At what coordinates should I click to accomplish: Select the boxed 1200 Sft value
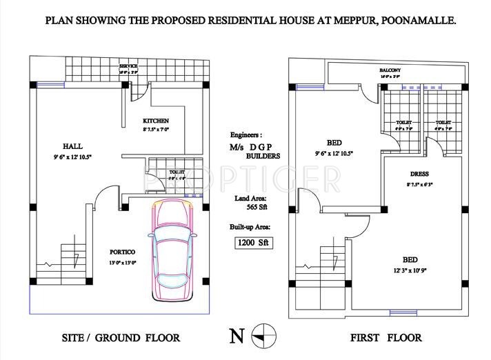tap(252, 242)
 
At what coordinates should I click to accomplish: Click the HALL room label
tap(72, 146)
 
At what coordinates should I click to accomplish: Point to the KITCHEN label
tap(156, 121)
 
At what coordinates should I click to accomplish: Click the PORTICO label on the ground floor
tap(121, 251)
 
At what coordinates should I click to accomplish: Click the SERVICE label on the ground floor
tap(128, 65)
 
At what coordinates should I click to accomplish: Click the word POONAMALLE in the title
tap(415, 21)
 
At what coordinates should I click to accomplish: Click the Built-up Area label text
tap(250, 226)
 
